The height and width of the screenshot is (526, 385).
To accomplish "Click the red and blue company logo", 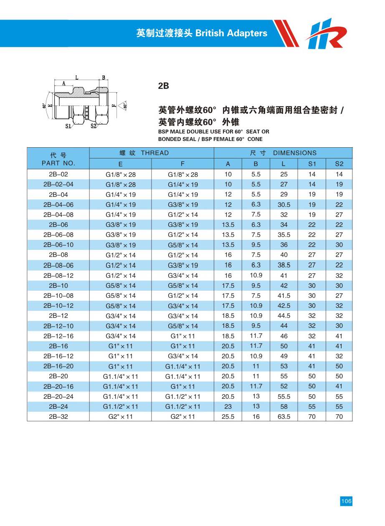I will [x=326, y=33].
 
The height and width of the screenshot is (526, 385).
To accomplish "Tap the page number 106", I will [x=346, y=501].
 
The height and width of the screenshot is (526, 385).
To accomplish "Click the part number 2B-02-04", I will [x=58, y=184].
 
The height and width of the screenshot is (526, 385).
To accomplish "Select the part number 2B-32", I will [x=58, y=416].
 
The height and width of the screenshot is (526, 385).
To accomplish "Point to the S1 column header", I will [x=312, y=164].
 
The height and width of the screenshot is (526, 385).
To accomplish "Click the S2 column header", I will [x=339, y=164].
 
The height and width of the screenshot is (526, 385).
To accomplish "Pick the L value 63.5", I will [x=284, y=417].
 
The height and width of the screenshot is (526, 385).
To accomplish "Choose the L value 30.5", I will [x=284, y=205].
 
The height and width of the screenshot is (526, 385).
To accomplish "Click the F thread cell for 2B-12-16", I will [x=183, y=336].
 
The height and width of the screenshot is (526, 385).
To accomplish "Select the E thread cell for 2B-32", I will [x=120, y=417].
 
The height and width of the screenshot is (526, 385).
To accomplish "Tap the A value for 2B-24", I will [x=228, y=406].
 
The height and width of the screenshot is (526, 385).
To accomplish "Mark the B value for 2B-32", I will [x=256, y=417].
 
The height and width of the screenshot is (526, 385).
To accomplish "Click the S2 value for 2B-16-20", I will [x=339, y=366].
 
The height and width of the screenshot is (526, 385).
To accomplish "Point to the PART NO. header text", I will [x=58, y=163].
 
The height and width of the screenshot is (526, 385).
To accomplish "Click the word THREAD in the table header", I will [x=155, y=153].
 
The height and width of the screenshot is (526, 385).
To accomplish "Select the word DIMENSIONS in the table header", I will [x=295, y=153].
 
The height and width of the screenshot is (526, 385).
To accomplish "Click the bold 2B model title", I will [x=163, y=86].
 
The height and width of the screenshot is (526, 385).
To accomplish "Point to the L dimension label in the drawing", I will [x=77, y=78].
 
